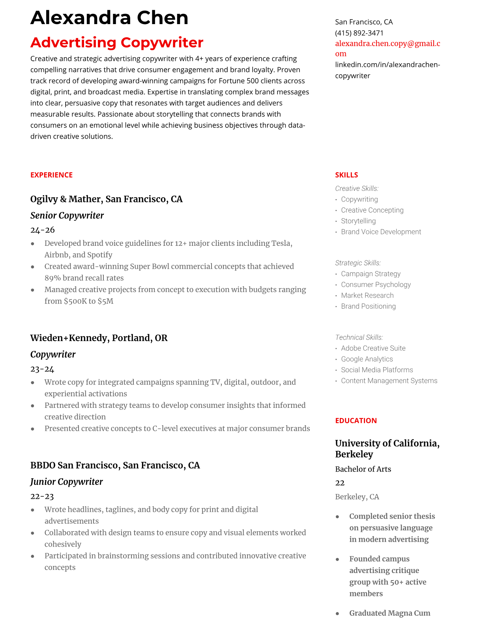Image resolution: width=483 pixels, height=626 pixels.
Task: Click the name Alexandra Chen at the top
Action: point(109,18)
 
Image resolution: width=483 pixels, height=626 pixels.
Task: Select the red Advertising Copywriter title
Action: point(117,42)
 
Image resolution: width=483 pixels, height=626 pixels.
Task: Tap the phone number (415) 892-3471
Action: point(359,33)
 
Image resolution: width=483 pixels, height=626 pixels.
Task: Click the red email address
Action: point(388,48)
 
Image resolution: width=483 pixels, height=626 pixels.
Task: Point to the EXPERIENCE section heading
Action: point(51,175)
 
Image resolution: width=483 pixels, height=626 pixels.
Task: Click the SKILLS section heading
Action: point(346,175)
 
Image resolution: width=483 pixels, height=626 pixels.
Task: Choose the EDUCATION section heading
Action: point(356,420)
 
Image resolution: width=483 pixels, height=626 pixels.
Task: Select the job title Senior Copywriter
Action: point(67,215)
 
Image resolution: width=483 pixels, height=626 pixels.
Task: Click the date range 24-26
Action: point(43,230)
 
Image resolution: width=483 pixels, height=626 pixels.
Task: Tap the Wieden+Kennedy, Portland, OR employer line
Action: point(99,338)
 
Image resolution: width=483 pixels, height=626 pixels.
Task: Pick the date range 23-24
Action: point(42,369)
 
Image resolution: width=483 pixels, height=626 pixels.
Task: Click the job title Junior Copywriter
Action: point(66,482)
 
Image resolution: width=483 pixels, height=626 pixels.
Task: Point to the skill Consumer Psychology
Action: point(376,285)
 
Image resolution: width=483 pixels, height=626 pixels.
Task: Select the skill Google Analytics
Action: point(367,359)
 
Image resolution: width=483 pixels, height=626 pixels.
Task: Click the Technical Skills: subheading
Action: point(359,337)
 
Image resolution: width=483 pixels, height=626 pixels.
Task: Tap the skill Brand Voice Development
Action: point(381,232)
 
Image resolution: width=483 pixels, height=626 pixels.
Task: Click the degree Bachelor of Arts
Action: point(363,469)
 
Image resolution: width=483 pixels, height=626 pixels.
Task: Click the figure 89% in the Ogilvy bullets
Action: point(52,278)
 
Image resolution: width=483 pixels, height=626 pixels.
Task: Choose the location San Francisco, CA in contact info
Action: point(364,22)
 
